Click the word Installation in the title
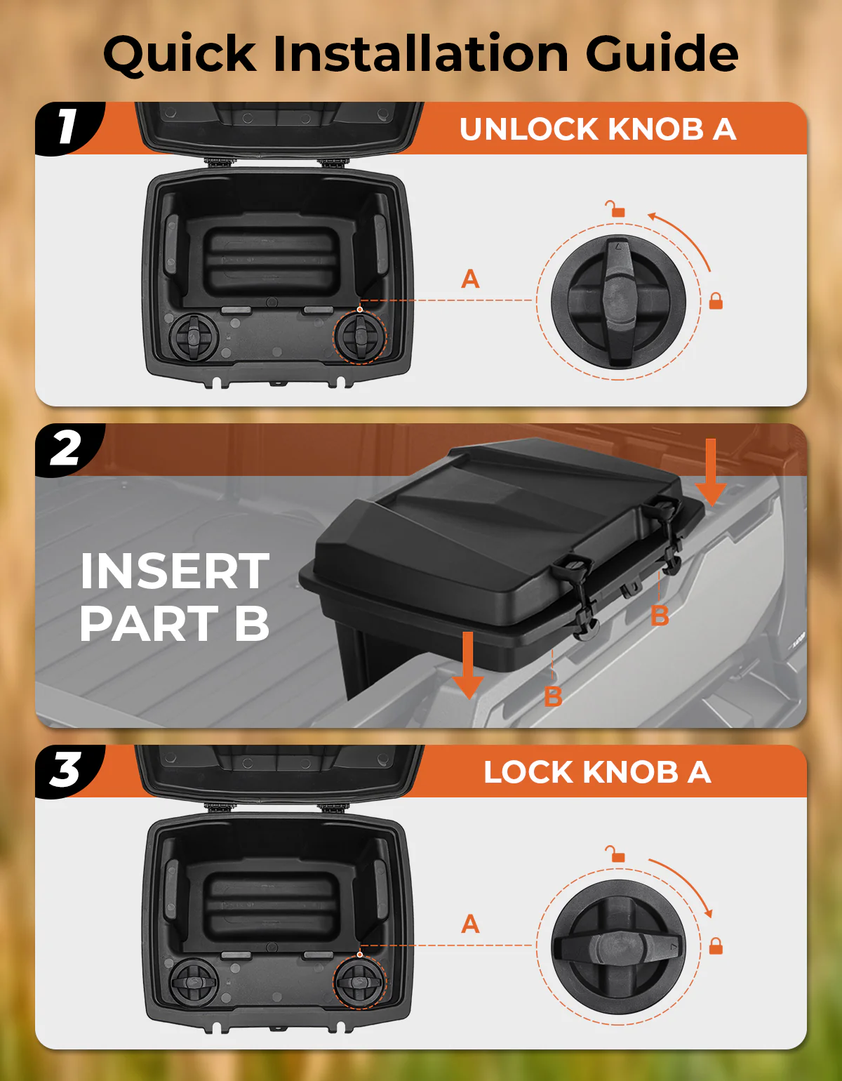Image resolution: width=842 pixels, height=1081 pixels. tap(420, 53)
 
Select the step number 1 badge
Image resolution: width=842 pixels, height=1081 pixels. tap(67, 127)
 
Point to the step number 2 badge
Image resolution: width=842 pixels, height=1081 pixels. tap(66, 449)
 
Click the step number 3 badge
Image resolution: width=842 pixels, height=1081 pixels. tap(66, 770)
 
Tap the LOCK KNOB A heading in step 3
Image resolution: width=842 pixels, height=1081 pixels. tap(597, 772)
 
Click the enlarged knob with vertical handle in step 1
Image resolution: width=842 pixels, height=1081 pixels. tap(618, 301)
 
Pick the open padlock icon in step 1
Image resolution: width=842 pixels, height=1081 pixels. tap(616, 209)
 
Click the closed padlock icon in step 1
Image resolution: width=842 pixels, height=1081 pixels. tap(716, 300)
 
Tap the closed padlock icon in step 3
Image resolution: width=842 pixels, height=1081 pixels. tap(716, 946)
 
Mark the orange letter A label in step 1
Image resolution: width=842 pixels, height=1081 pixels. tap(470, 279)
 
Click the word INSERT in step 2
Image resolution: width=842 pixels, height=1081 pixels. tap(174, 571)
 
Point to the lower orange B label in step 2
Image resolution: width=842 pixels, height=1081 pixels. tap(553, 696)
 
